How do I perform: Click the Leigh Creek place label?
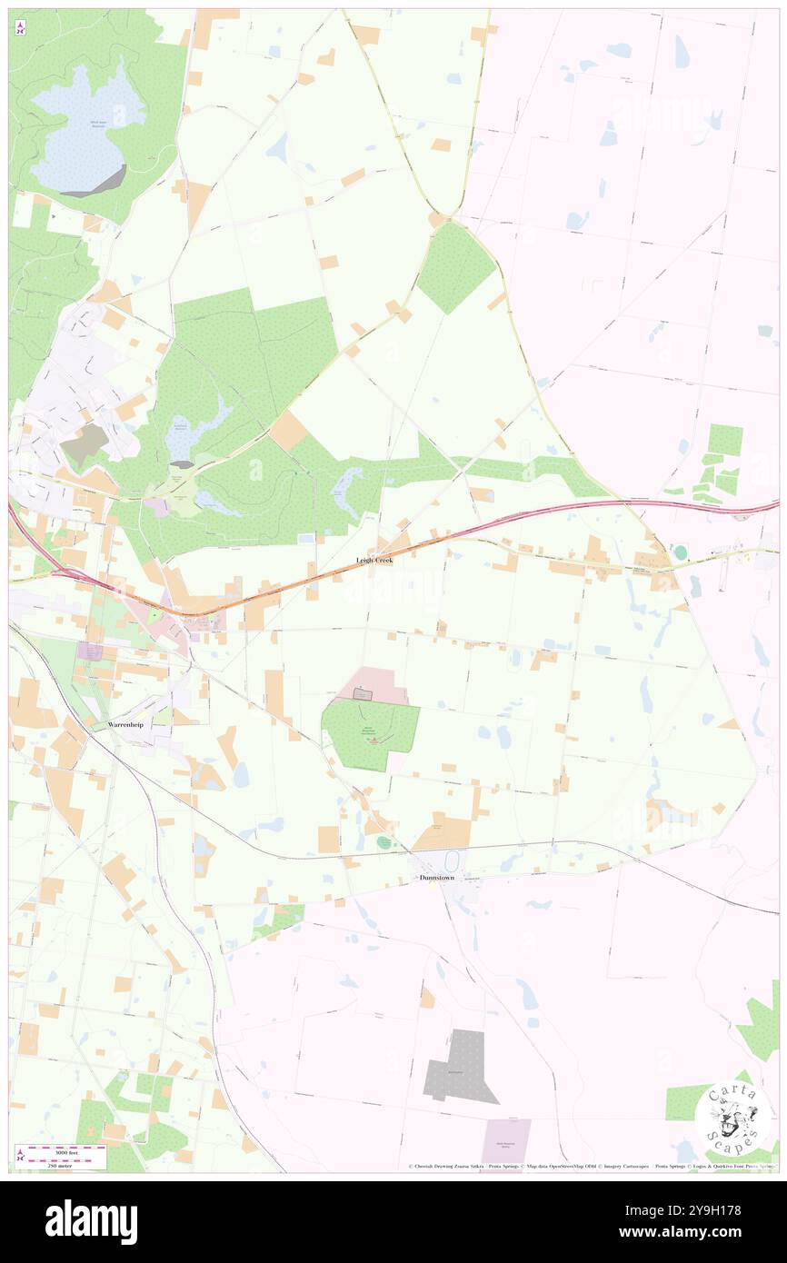374,561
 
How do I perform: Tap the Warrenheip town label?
127,725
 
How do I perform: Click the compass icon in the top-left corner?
20,28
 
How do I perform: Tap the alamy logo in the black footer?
91,1221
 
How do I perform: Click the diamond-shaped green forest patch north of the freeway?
456,267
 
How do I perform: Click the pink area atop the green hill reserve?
373,686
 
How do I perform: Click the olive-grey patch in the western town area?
85,442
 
